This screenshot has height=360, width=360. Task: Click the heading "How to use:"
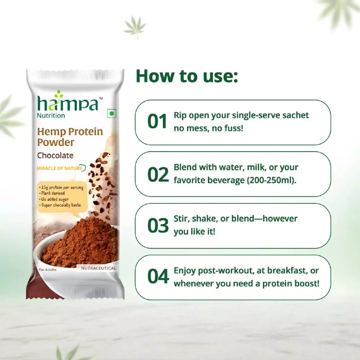187,76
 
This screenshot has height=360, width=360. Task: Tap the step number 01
157,122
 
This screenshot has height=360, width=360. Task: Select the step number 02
157,174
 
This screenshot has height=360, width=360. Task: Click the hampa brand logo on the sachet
67,104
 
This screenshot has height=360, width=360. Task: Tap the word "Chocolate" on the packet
55,156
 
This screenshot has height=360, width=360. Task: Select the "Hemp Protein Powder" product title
70,137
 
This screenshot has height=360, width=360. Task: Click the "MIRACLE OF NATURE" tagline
59,168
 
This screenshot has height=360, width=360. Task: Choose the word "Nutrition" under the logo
51,116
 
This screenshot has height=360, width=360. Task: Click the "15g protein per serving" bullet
61,187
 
